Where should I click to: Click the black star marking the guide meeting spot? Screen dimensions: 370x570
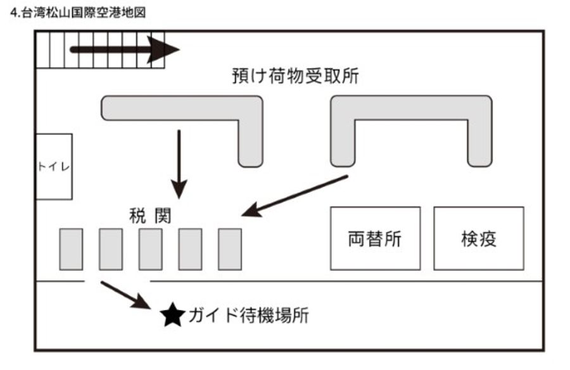click(x=171, y=314)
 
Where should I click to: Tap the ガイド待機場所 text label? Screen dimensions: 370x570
click(x=248, y=315)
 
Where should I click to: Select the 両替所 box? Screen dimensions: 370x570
click(x=375, y=238)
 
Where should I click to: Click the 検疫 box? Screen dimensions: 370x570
click(x=479, y=238)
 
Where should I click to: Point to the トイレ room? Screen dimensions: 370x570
click(x=54, y=167)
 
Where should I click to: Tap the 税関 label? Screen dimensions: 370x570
click(x=148, y=216)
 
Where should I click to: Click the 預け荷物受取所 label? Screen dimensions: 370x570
click(x=296, y=77)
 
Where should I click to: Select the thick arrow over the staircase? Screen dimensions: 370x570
click(x=124, y=49)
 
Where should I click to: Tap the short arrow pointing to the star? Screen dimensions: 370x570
click(x=125, y=295)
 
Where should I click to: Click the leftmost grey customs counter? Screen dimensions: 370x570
click(x=71, y=249)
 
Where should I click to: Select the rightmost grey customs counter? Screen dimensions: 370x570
click(x=230, y=249)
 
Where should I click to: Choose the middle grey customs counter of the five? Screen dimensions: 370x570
click(x=150, y=249)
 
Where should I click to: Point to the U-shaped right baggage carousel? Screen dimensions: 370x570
click(x=411, y=108)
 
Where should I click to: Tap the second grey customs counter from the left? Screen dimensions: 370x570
click(x=111, y=249)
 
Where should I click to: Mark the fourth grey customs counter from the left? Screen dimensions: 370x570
click(x=190, y=249)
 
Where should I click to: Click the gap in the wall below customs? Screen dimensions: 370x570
click(x=117, y=281)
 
